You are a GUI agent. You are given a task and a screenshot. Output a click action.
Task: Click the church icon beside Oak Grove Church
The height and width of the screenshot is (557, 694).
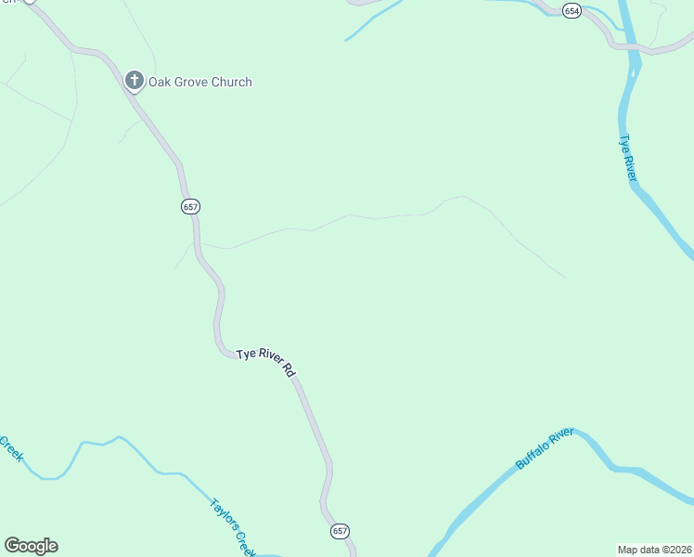(135, 82)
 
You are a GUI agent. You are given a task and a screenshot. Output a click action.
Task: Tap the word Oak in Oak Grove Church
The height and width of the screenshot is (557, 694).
(163, 82)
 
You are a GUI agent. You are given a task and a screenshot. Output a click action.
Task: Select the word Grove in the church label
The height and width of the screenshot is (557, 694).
(194, 82)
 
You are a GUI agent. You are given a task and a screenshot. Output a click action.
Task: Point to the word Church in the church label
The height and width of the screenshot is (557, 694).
(233, 82)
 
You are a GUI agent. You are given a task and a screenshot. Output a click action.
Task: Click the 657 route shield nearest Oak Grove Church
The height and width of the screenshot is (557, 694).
(190, 207)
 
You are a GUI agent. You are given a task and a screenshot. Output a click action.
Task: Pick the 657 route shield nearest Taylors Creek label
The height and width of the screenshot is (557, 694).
(341, 531)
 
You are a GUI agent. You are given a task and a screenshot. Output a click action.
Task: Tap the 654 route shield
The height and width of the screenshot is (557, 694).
(572, 11)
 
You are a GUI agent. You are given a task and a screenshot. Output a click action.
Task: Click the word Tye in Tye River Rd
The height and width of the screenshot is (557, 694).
(246, 354)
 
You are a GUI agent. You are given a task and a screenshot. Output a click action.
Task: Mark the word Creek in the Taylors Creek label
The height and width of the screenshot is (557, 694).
(243, 543)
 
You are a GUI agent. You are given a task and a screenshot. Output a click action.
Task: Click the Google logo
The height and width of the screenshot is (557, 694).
(31, 546)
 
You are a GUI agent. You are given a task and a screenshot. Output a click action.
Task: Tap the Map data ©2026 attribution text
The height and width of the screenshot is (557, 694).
(654, 549)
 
